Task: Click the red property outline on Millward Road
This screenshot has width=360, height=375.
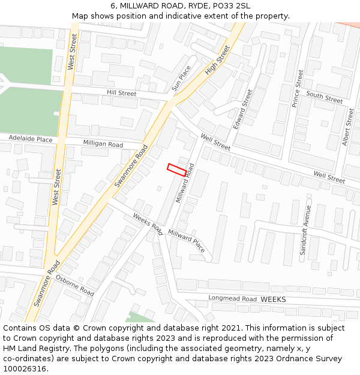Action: (x=176, y=169)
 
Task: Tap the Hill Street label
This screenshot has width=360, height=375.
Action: (x=121, y=94)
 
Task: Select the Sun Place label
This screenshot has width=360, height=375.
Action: (x=181, y=79)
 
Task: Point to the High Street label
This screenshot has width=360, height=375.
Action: (x=217, y=61)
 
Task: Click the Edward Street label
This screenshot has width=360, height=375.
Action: (x=243, y=109)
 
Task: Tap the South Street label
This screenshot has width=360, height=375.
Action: (x=324, y=97)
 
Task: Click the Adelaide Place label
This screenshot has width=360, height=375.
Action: (x=31, y=140)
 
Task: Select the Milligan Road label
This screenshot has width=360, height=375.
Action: (x=103, y=145)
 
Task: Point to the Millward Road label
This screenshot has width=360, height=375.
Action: (x=185, y=183)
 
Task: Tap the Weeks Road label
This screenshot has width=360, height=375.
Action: (x=148, y=224)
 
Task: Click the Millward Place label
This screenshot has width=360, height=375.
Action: (x=186, y=240)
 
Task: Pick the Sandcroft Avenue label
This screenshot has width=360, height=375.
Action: (x=305, y=230)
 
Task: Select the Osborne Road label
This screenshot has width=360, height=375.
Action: (x=75, y=286)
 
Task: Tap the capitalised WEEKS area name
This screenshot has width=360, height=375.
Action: (x=274, y=299)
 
